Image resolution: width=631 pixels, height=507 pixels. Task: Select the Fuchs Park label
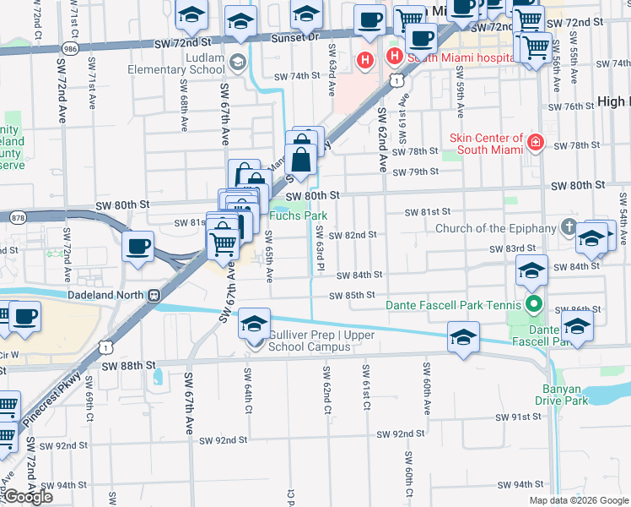point(298,215)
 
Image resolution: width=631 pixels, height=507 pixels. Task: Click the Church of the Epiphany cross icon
point(569,227)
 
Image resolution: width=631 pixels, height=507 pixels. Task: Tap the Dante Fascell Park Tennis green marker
point(532,303)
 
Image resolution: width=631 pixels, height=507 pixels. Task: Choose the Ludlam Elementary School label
point(176,70)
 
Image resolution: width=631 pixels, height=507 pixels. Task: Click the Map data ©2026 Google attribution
point(578,500)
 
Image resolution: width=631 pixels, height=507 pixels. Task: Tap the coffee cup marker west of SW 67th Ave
point(137,248)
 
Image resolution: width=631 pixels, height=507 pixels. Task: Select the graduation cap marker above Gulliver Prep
point(254,323)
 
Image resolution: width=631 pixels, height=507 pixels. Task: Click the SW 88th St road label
point(129,366)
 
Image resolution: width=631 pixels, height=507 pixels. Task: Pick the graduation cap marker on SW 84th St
point(531,270)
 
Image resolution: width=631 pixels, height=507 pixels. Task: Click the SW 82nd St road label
point(352,234)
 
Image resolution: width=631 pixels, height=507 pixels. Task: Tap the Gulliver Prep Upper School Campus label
point(321,341)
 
